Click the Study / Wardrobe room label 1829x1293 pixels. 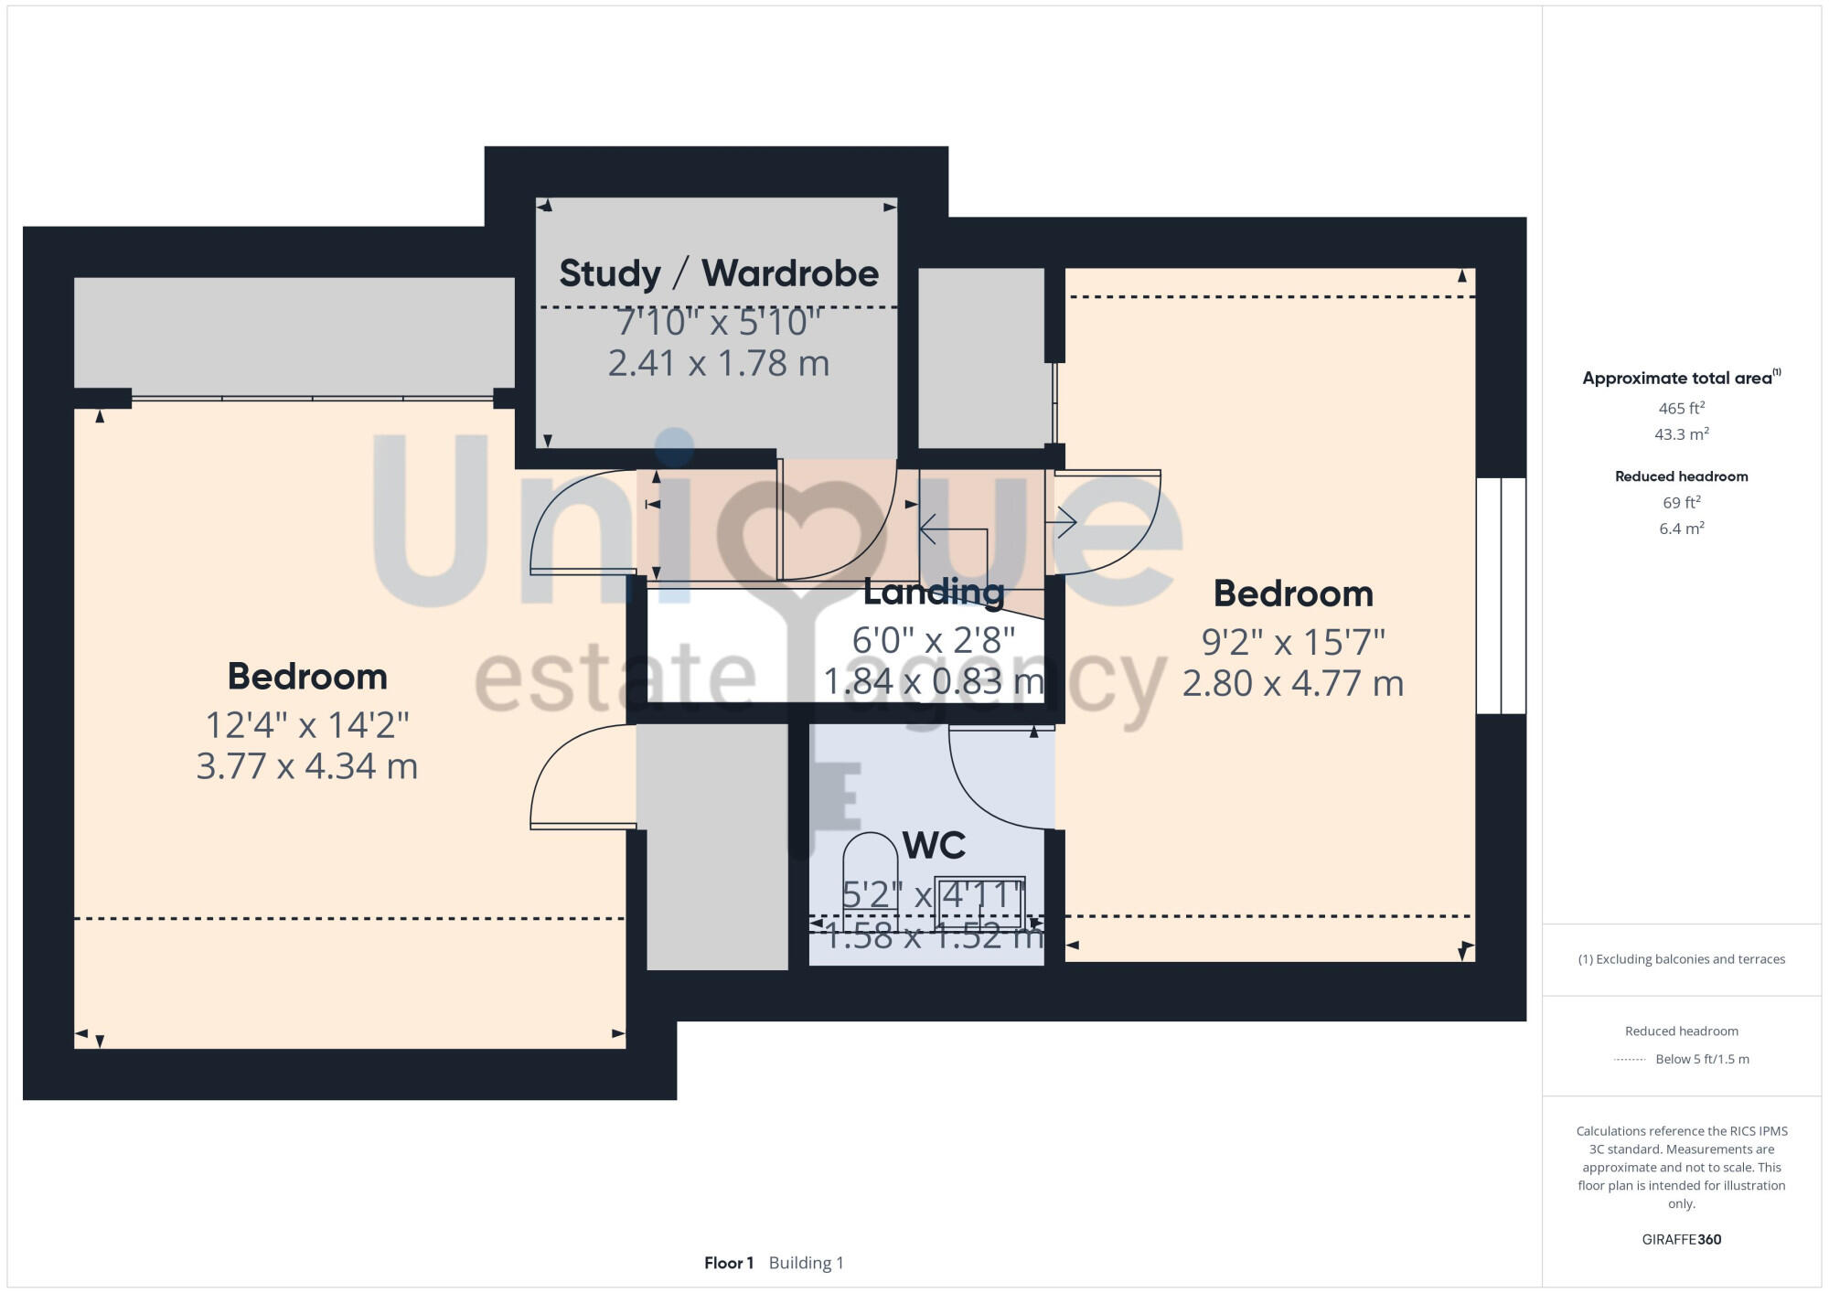[719, 273]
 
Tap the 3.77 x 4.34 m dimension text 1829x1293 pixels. [307, 766]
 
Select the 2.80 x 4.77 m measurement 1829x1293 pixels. [1292, 684]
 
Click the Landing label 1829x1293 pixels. [934, 593]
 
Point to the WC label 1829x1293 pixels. [934, 846]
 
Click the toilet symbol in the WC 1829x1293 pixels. [870, 869]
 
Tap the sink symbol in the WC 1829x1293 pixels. [979, 901]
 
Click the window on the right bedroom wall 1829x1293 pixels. [1501, 595]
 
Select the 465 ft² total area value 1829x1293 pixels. [1681, 409]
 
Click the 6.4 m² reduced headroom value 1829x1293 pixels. [1681, 529]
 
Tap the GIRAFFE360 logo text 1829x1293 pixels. [1681, 1240]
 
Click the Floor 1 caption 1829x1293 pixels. [729, 1263]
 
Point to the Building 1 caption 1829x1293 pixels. [806, 1263]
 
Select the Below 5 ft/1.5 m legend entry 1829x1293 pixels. [1701, 1059]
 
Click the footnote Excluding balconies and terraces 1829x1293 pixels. [1681, 959]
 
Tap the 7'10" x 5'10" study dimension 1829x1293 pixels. [719, 322]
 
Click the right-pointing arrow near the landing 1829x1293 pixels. [1062, 522]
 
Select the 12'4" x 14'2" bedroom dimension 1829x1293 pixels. [307, 725]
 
